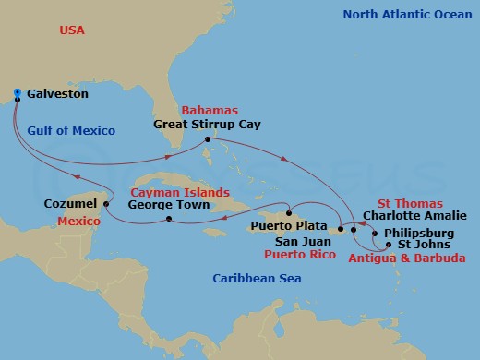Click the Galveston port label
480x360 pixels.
click(x=58, y=94)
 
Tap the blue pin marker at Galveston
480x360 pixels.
click(x=18, y=92)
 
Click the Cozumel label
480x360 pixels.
click(x=68, y=203)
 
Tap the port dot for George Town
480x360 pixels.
click(x=169, y=219)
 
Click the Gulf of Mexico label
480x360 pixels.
click(x=71, y=131)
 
